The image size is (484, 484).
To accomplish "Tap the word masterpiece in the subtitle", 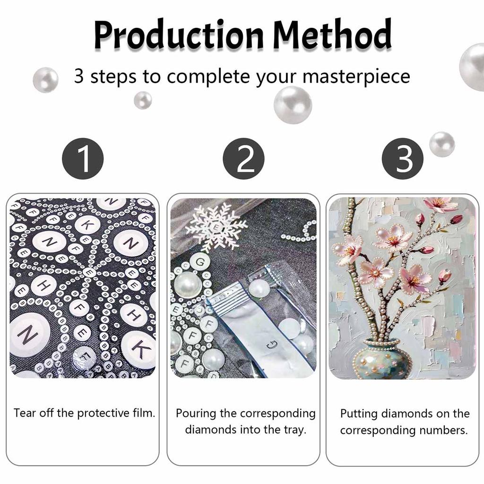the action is coord(356,77).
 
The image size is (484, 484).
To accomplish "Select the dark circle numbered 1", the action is coord(83,159).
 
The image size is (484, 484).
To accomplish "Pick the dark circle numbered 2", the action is coord(243,159).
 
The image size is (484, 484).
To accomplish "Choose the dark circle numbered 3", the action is coord(403,159).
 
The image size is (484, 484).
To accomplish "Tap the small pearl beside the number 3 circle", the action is coord(442,144).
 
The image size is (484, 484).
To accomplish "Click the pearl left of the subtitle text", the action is coord(46,79).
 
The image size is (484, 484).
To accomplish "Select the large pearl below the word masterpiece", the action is coord(293,105).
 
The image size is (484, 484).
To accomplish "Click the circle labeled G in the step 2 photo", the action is coord(200,262).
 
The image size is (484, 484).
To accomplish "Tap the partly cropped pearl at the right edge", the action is coord(472,67).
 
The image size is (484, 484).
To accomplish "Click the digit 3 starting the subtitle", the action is coord(79,76).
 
